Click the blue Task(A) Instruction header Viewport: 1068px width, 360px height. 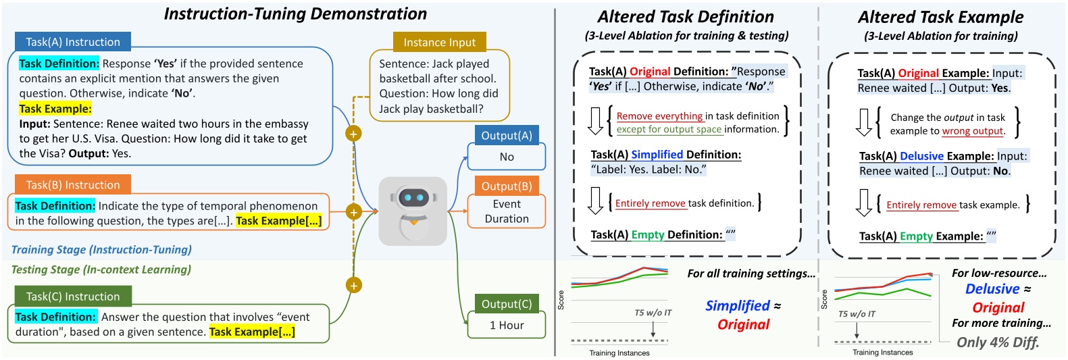(73, 42)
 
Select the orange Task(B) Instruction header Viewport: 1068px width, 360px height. (73, 185)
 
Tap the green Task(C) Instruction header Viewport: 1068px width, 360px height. (73, 297)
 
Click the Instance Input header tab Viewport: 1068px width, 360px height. (439, 43)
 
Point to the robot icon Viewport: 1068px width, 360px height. (413, 211)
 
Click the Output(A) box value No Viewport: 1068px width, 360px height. (507, 157)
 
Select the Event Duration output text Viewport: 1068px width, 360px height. (507, 211)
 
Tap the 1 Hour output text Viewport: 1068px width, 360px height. (507, 326)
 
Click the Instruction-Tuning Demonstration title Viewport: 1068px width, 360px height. (295, 14)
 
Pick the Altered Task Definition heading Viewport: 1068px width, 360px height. (686, 17)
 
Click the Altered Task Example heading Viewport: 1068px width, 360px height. (940, 17)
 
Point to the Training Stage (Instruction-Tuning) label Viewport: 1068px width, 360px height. (101, 250)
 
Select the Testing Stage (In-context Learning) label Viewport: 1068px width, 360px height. (101, 270)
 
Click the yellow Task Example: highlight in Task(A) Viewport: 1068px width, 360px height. (55, 109)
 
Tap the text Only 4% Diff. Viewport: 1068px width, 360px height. (998, 342)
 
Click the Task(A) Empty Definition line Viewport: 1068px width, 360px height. (662, 235)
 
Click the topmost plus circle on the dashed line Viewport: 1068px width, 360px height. (353, 134)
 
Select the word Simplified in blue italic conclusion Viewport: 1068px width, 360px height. (738, 306)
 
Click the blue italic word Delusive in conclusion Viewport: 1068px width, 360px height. (992, 289)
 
